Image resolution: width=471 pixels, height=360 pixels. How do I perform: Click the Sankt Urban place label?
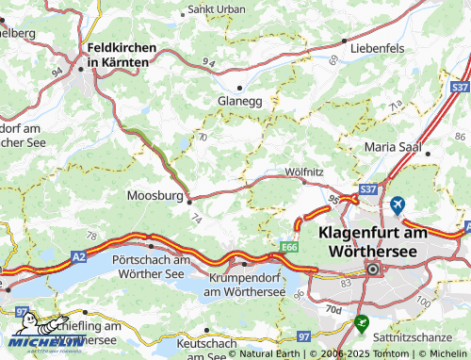(218, 9)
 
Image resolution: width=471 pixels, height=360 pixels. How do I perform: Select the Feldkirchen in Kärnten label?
(118, 54)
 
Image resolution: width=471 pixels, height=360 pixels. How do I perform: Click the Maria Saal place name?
(396, 147)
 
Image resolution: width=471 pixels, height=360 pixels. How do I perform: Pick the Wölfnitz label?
(304, 172)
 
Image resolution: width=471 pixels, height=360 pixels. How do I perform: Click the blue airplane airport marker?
(398, 205)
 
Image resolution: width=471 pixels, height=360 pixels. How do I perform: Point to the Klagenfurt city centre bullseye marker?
(373, 270)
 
